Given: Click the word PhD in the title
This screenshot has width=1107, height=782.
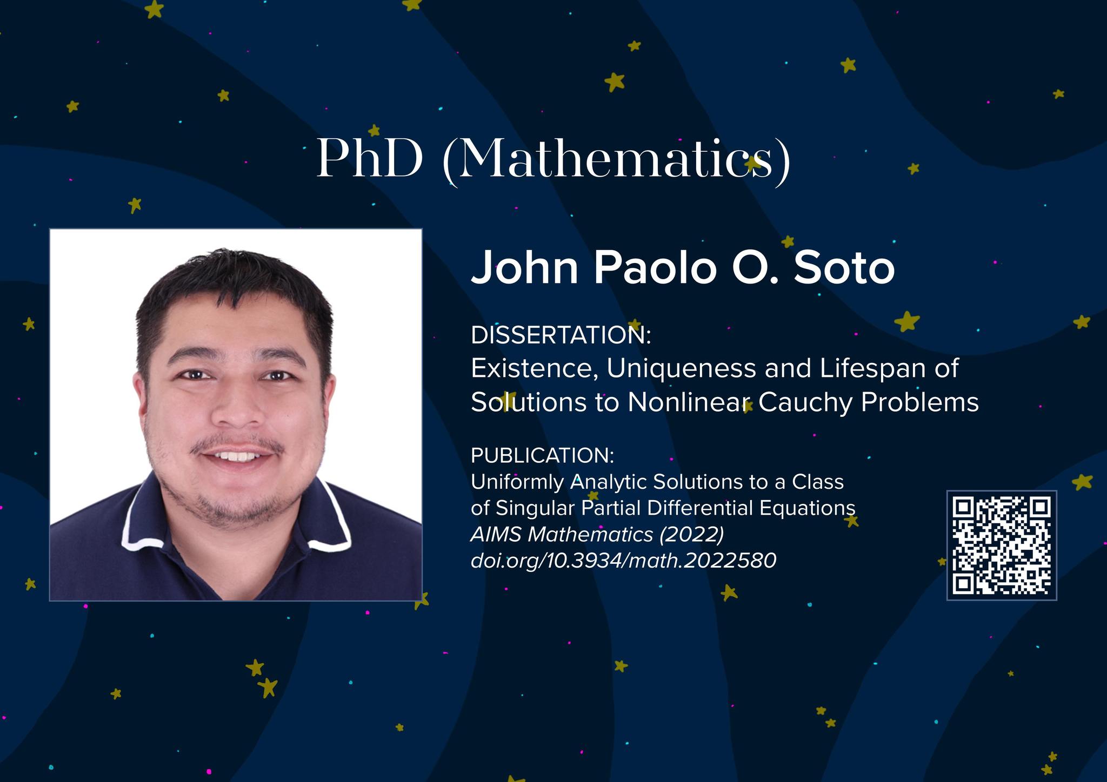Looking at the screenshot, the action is (x=369, y=159).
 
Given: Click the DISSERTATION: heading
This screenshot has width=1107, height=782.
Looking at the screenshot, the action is (x=561, y=335).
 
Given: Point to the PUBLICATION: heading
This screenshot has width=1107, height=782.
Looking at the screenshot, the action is (x=543, y=455).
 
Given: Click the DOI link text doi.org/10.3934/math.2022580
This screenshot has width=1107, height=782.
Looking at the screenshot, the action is (x=624, y=561).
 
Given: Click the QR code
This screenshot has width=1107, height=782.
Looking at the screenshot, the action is (x=1002, y=545).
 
